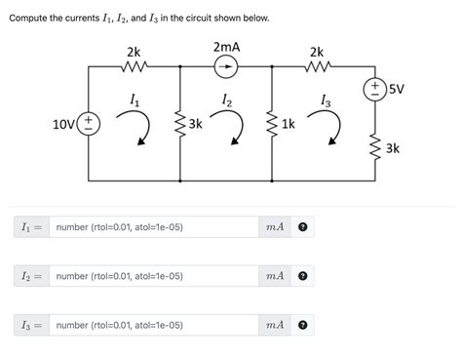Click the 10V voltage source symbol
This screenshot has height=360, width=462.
coord(88,124)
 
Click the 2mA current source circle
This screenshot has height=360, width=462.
coord(225,66)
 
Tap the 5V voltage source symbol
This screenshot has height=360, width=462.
coord(373,90)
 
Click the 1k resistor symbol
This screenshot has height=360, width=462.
coord(271,124)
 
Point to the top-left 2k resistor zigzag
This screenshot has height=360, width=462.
coord(133,66)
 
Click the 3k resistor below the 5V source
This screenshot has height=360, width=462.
coord(373,147)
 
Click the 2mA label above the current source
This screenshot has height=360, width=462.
coord(226,47)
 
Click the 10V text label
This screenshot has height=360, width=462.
coord(64,124)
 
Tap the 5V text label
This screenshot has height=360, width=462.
coord(396,89)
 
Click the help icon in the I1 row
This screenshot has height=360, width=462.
coord(303,227)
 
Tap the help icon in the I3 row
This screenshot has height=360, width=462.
coord(303,325)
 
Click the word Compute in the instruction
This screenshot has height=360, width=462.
coord(28,19)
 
